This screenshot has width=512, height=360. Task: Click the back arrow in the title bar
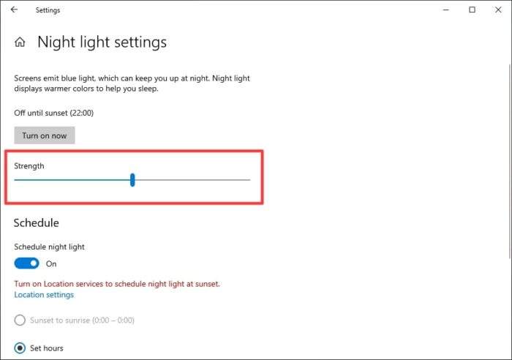(x=14, y=10)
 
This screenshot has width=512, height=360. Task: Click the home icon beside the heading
(x=20, y=42)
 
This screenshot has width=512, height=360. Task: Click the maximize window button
(x=472, y=10)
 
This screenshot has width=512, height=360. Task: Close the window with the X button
(x=498, y=10)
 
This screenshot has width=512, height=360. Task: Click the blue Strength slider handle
(x=132, y=180)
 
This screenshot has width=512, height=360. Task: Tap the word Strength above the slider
(x=29, y=166)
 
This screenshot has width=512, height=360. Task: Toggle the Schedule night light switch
(x=26, y=263)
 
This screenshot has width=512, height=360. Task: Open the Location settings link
(x=44, y=295)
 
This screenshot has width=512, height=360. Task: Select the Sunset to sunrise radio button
(x=20, y=320)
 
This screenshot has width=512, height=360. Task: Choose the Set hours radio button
(x=20, y=348)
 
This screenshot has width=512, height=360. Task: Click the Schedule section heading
(x=37, y=222)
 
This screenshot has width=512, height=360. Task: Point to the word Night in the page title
(x=56, y=42)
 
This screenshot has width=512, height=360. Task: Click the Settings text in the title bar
(x=48, y=10)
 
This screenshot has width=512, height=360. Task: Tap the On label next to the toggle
(x=51, y=263)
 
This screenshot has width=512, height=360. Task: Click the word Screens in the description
(x=27, y=78)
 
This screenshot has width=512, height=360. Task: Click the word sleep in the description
(x=148, y=89)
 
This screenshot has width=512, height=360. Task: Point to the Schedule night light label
(x=49, y=247)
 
